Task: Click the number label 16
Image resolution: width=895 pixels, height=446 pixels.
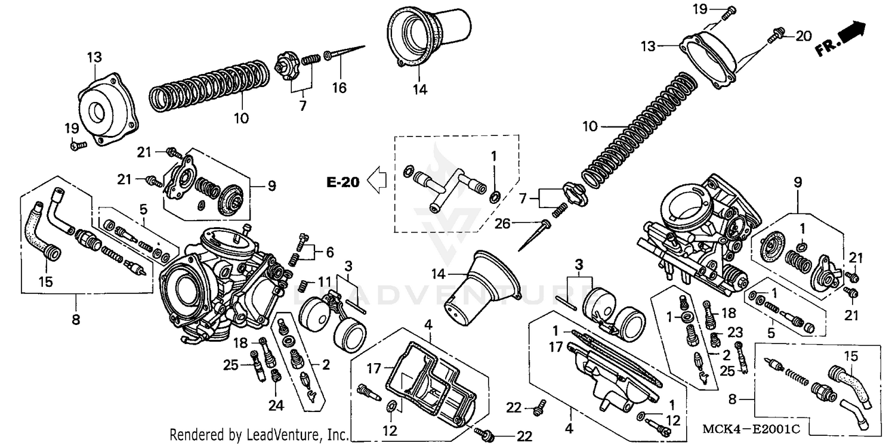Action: coord(339,88)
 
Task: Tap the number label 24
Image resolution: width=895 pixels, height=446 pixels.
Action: coord(275,406)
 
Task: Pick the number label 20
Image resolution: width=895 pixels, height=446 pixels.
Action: coord(804,36)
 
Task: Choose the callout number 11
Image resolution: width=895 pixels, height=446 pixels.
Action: coord(329,253)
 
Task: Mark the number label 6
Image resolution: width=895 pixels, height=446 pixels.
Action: coord(329,253)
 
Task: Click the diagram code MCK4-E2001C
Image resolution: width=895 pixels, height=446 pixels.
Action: coord(751,428)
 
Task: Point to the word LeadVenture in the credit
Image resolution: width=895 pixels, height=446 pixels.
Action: coord(290,433)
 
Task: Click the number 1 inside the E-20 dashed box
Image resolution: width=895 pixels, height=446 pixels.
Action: coord(493,156)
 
